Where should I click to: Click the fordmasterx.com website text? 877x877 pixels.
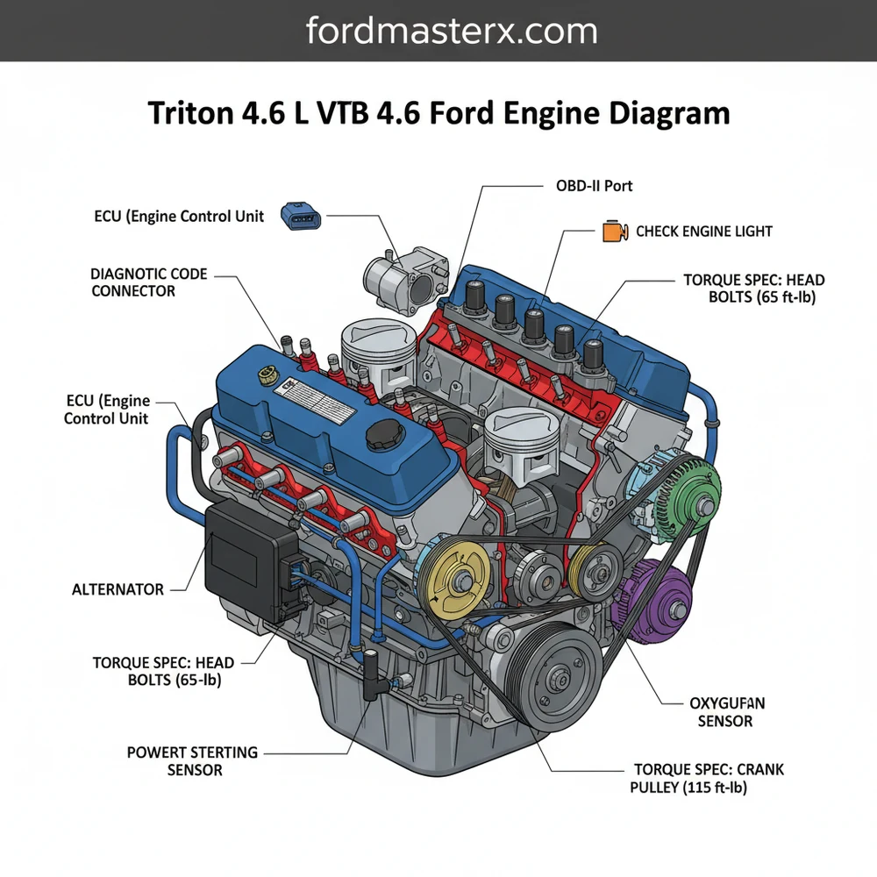pos(452,32)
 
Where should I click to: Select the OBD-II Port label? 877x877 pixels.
pos(594,186)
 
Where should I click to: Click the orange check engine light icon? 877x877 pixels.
pos(613,232)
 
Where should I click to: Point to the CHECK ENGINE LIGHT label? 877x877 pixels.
pos(703,232)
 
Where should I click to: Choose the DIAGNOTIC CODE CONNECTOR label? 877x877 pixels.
pos(149,282)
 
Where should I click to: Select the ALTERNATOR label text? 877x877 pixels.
pos(118,589)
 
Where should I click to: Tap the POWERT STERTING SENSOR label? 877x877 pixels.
pos(192,761)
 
